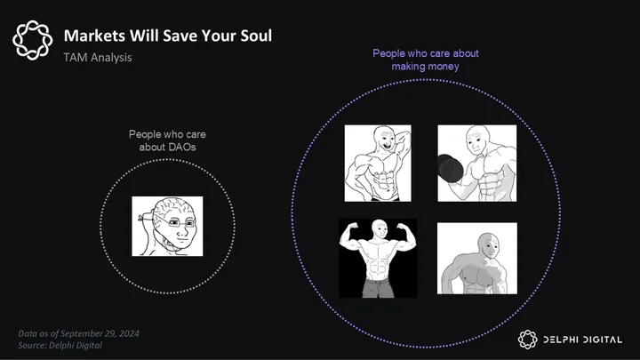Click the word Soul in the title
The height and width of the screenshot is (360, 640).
click(x=256, y=36)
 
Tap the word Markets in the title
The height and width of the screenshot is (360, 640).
click(x=95, y=36)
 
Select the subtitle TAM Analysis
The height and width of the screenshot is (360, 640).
click(x=98, y=58)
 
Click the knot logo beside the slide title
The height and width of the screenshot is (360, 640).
click(x=33, y=40)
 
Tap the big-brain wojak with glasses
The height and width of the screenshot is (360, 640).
click(x=167, y=227)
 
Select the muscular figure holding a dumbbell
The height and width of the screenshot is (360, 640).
click(x=477, y=164)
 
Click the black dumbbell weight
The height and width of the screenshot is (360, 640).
click(x=450, y=168)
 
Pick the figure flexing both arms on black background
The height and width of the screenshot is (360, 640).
click(x=378, y=259)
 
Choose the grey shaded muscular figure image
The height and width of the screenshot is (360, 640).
click(x=477, y=259)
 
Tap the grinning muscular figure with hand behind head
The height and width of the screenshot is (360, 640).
click(x=378, y=164)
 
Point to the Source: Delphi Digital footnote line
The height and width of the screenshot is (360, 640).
click(x=60, y=345)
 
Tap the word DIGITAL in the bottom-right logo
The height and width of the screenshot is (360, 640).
click(x=603, y=340)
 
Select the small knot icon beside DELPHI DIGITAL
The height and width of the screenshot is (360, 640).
click(x=528, y=340)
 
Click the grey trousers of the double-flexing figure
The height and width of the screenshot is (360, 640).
click(x=379, y=287)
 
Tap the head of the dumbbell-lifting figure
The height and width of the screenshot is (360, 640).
click(x=478, y=140)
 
